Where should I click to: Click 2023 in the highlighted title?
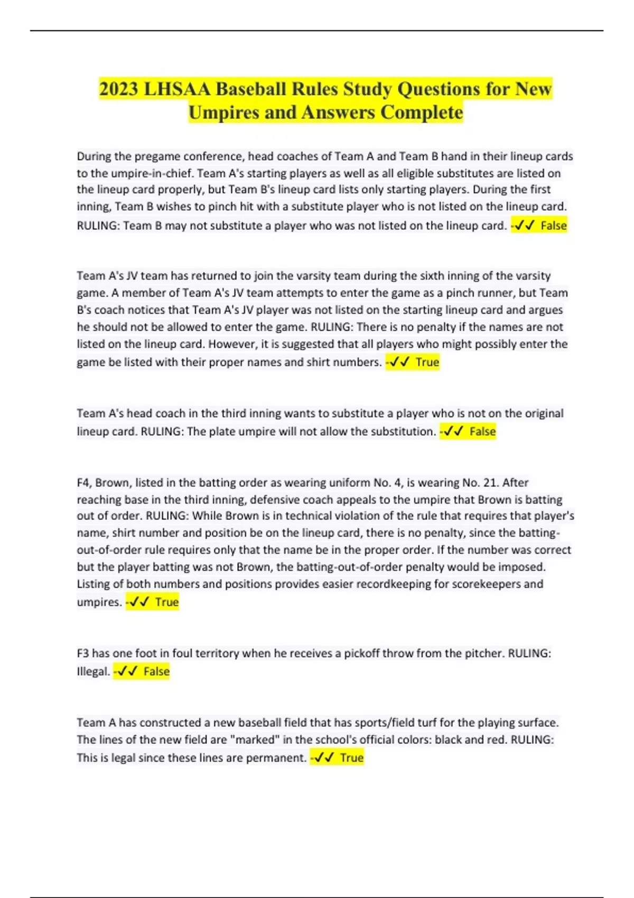coord(119,89)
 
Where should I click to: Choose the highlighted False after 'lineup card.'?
coord(553,226)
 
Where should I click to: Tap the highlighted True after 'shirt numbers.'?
coord(427,362)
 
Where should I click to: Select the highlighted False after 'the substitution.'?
coord(482,432)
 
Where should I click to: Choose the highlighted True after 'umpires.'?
coord(167,602)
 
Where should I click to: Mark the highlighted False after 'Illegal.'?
coord(156,672)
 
